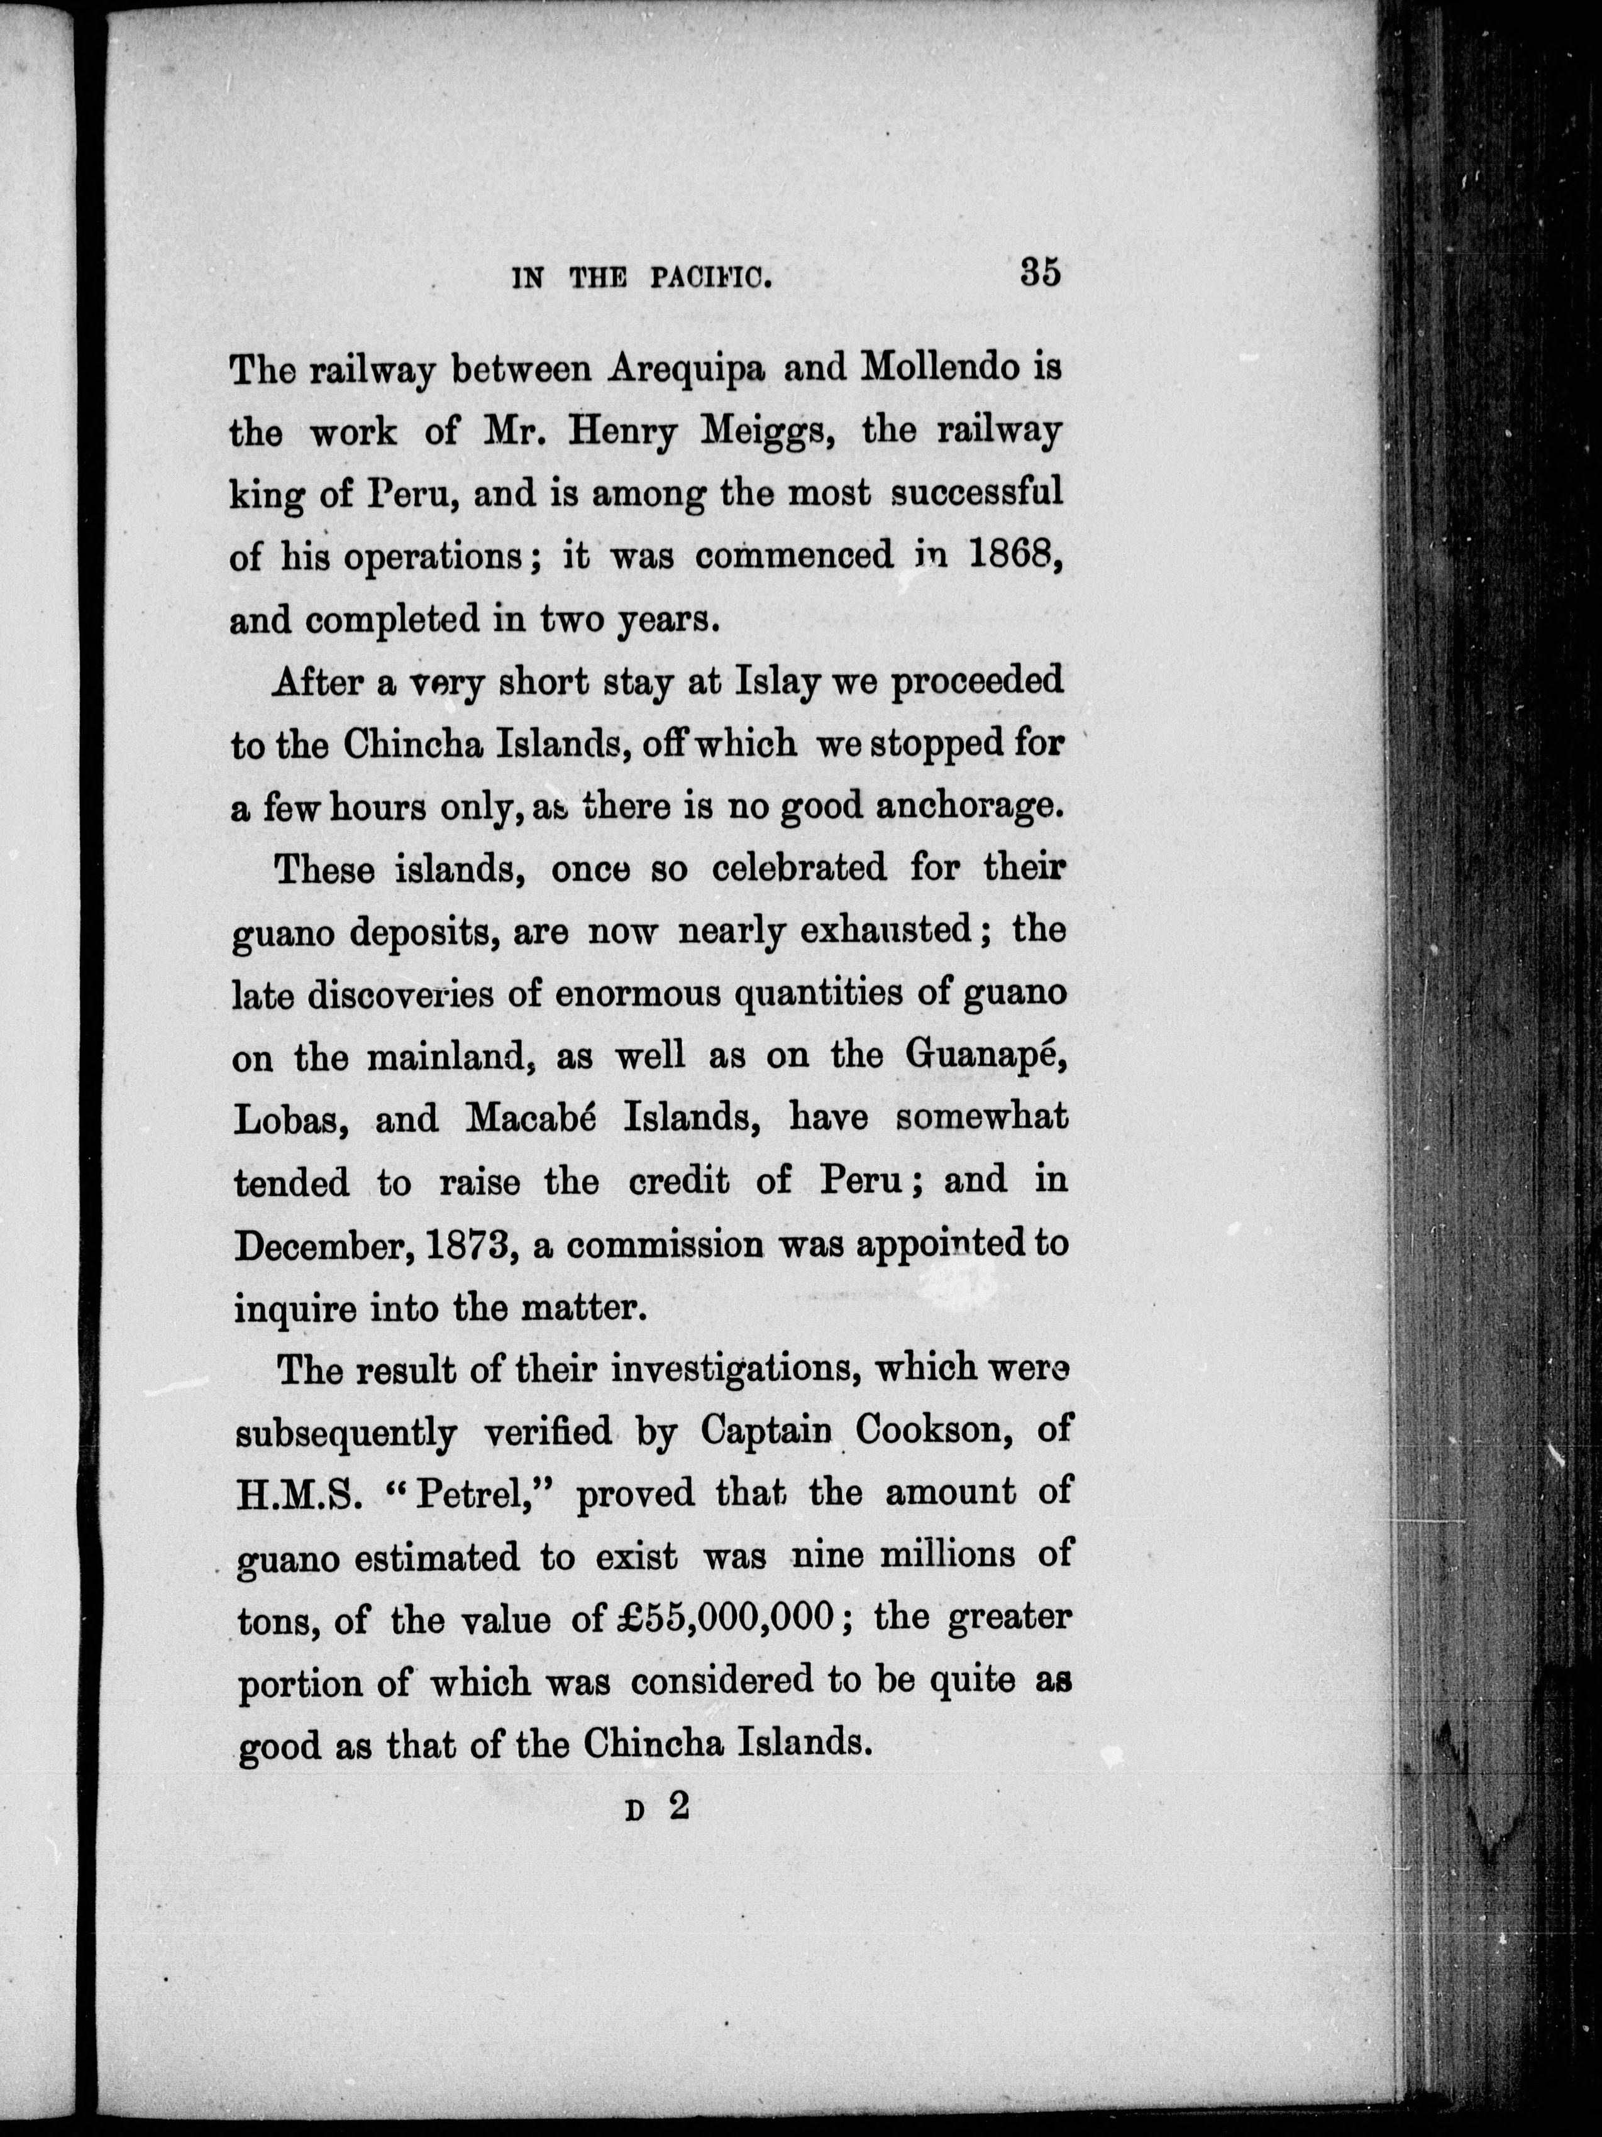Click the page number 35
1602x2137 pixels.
click(x=1040, y=272)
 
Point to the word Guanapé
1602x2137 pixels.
click(x=986, y=1056)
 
